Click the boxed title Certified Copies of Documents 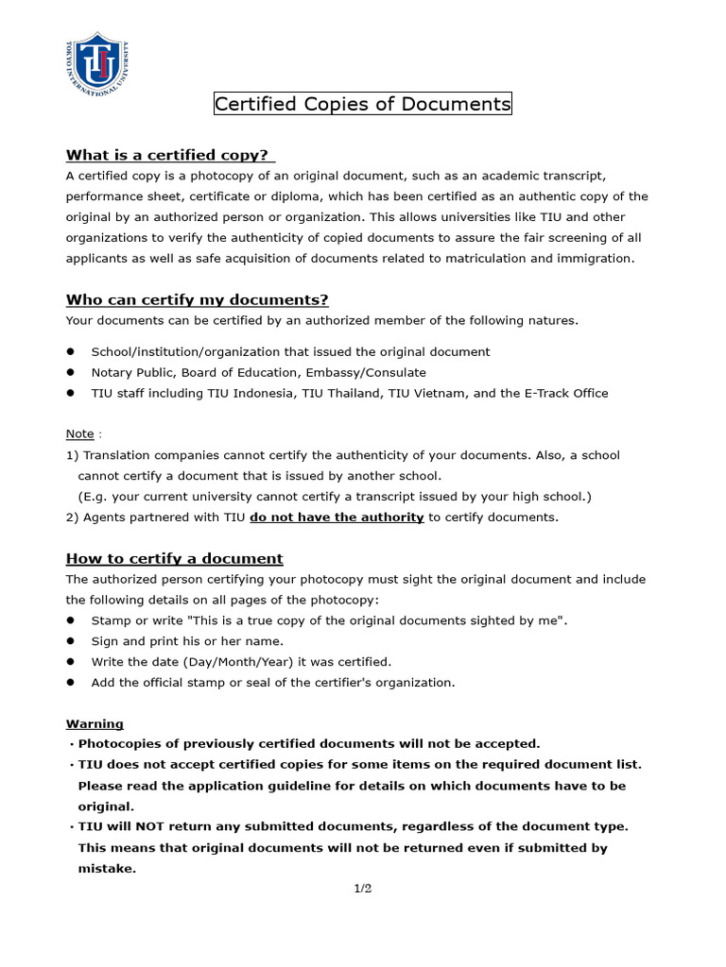click(x=362, y=104)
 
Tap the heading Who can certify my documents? click(x=197, y=300)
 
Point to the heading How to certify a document click(x=174, y=558)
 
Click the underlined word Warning click(x=95, y=723)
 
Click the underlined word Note click(x=79, y=433)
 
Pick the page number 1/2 click(x=363, y=889)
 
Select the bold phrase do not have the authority click(x=337, y=517)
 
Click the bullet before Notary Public click(x=71, y=372)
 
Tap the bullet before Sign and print click(x=71, y=641)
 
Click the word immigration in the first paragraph click(x=597, y=259)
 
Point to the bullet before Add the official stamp click(x=71, y=682)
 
